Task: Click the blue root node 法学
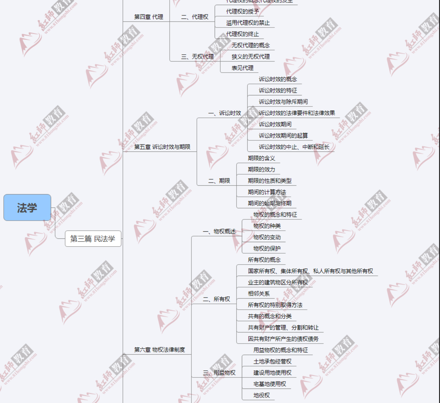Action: pos(27,208)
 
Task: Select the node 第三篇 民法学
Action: pos(93,239)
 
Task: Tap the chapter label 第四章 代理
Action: pos(148,17)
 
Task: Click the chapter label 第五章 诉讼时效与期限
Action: pos(162,147)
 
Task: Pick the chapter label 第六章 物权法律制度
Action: pos(160,350)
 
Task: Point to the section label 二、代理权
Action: pos(195,17)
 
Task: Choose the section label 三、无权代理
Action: pos(197,56)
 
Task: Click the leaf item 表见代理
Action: pos(243,68)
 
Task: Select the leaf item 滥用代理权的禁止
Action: pos(248,23)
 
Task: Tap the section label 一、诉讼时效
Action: pos(225,113)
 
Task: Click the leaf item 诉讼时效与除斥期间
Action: pos(283,102)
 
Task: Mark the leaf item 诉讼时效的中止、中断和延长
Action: pos(294,147)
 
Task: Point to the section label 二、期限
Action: pos(219,181)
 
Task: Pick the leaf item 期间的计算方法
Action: pos(267,192)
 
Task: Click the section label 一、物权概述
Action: pos(219,231)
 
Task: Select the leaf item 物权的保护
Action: pos(267,249)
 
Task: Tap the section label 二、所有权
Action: pos(217,299)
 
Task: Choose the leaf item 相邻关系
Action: pos(259,294)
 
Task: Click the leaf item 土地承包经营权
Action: pos(272,361)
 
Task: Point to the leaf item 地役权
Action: pos(261,395)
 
